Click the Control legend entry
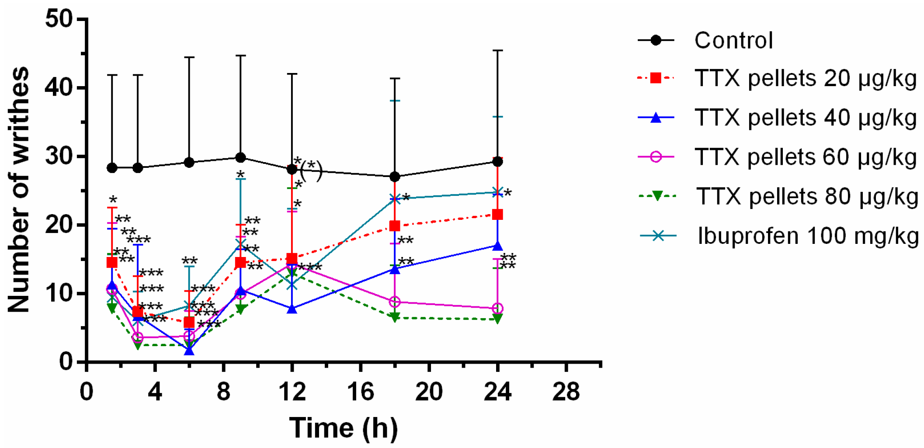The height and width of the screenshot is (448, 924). (x=733, y=41)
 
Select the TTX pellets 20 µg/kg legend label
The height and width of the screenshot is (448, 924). (x=805, y=79)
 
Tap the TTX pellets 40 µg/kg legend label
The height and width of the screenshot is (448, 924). (x=805, y=118)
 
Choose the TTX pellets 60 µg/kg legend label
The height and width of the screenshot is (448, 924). (x=805, y=157)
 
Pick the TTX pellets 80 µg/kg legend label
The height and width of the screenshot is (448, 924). (x=807, y=197)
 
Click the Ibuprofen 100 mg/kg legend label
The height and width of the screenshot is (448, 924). (x=808, y=236)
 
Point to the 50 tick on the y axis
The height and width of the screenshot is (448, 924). (x=59, y=19)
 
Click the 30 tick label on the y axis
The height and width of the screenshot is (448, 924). (x=59, y=156)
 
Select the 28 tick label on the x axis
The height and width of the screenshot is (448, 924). (x=566, y=392)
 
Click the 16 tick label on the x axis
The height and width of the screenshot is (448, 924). (x=360, y=392)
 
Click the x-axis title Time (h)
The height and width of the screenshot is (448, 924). (x=344, y=428)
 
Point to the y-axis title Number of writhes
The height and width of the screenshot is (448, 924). (x=18, y=190)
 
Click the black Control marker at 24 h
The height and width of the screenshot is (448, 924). (x=497, y=162)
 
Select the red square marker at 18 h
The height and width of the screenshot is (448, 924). (x=395, y=226)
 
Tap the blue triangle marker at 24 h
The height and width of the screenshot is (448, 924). (x=497, y=246)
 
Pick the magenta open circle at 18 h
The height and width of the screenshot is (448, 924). (x=395, y=302)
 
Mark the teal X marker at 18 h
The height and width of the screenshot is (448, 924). (x=395, y=199)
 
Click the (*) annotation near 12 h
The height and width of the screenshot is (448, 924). (x=311, y=170)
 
